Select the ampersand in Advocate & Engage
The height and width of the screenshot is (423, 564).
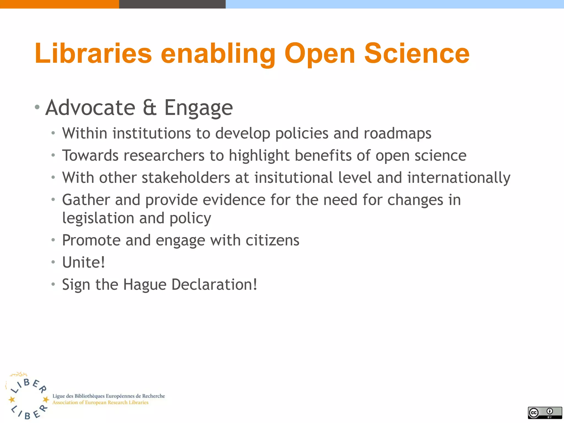[150, 108]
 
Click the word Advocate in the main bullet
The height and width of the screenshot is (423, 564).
[90, 108]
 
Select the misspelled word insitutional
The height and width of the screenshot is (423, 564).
[294, 178]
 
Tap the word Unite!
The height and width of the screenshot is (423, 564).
[83, 262]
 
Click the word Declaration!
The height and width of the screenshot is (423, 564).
[214, 284]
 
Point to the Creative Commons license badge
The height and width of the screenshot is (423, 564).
[545, 413]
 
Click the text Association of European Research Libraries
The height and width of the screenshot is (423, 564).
[100, 403]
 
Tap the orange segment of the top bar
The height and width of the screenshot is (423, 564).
[59, 4]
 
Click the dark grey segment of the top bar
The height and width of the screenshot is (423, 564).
[172, 4]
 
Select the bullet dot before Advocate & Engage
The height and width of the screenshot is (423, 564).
[37, 107]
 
